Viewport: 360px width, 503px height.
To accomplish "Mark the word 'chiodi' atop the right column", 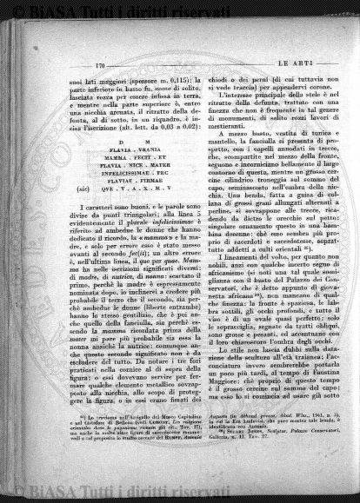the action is (x=201, y=78).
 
